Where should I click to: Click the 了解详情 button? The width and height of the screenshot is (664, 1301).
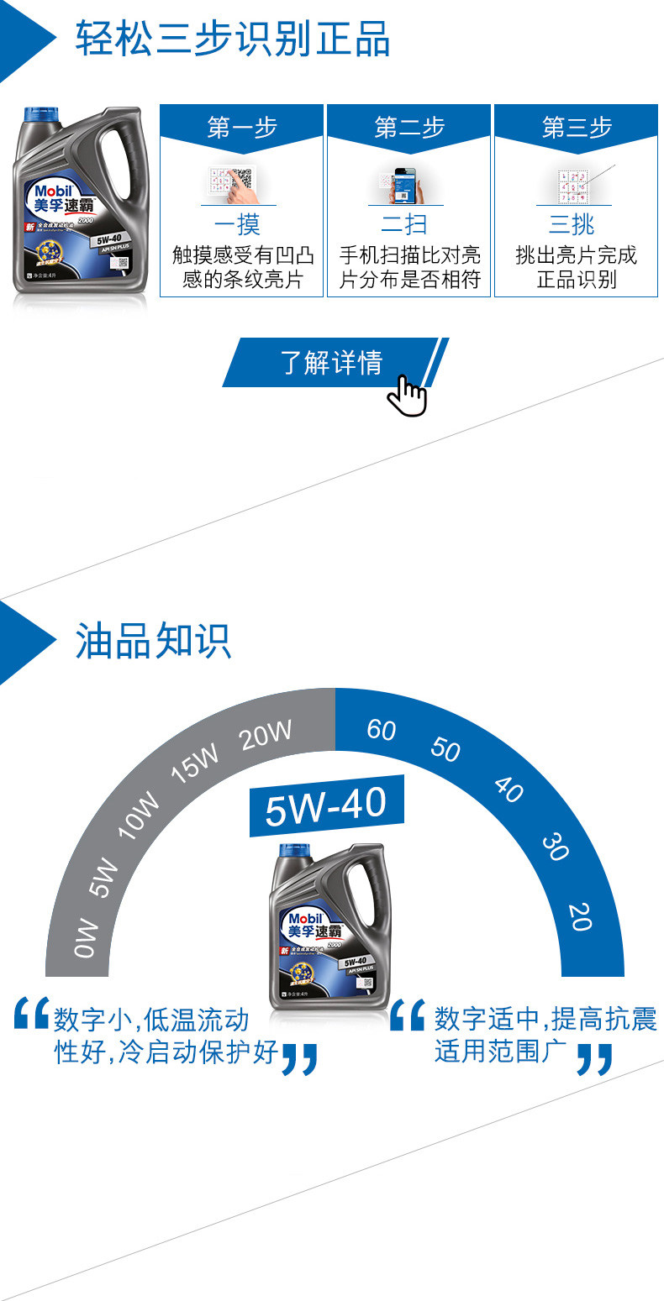pos(331,363)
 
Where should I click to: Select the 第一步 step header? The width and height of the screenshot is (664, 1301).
pos(242,128)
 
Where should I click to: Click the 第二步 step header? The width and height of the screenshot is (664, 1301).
pos(409,128)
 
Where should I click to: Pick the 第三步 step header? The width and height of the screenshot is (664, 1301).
pos(577,128)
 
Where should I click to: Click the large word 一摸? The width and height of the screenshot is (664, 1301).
pos(238,224)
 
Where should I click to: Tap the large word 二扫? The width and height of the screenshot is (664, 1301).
pos(405,224)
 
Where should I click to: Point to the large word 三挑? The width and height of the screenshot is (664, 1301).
pos(572,224)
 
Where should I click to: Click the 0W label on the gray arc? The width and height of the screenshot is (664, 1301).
pos(87,939)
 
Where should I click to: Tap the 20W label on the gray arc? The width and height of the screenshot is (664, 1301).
pos(266,735)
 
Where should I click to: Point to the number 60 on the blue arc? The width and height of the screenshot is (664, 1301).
pos(382,729)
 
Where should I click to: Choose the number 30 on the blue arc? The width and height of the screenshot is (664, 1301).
pos(555,847)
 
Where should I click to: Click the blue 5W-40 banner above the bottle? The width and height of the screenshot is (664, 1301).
pos(326,805)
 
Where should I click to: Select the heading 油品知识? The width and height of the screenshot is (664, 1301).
pos(153,641)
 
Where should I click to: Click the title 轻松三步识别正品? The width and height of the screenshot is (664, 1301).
pos(233,39)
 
